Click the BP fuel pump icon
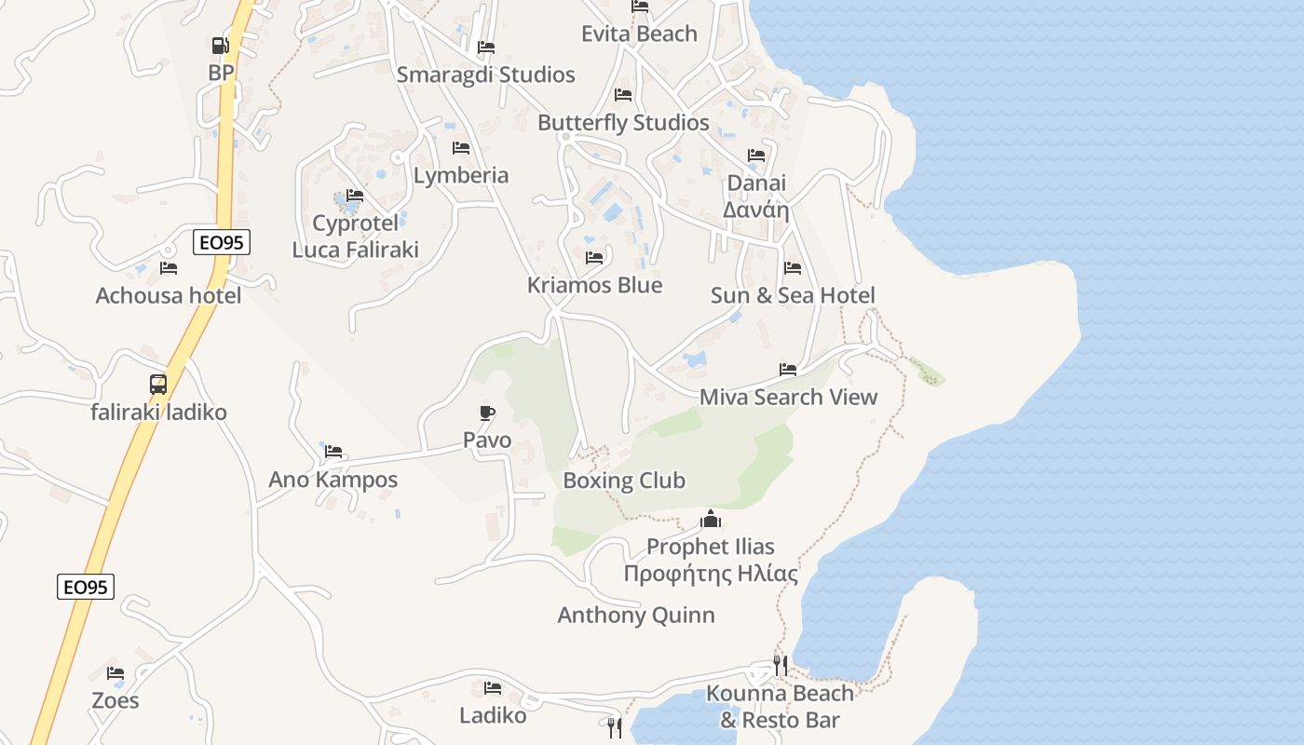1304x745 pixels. [x=220, y=45]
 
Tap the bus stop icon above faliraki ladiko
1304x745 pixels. [x=158, y=384]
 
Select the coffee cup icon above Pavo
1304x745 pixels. [x=486, y=413]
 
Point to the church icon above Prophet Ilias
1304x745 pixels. [x=711, y=519]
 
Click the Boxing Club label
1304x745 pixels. [x=624, y=481]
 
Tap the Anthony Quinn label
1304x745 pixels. [x=636, y=615]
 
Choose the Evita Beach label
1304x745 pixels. [x=639, y=34]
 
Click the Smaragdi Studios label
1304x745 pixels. [x=485, y=74]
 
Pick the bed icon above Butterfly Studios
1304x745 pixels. [x=623, y=95]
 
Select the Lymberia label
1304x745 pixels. [x=461, y=175]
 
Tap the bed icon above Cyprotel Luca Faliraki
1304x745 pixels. [x=355, y=196]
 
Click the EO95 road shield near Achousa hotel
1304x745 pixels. [x=222, y=243]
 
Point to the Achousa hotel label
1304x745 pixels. [x=169, y=295]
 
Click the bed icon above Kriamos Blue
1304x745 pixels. [x=594, y=258]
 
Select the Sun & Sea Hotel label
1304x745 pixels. [x=793, y=295]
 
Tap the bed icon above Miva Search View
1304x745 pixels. [x=788, y=370]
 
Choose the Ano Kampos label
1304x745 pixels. [x=333, y=480]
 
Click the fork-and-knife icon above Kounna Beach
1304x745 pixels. [x=781, y=665]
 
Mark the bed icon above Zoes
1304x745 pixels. [x=115, y=672]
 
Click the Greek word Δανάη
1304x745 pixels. [x=756, y=210]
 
